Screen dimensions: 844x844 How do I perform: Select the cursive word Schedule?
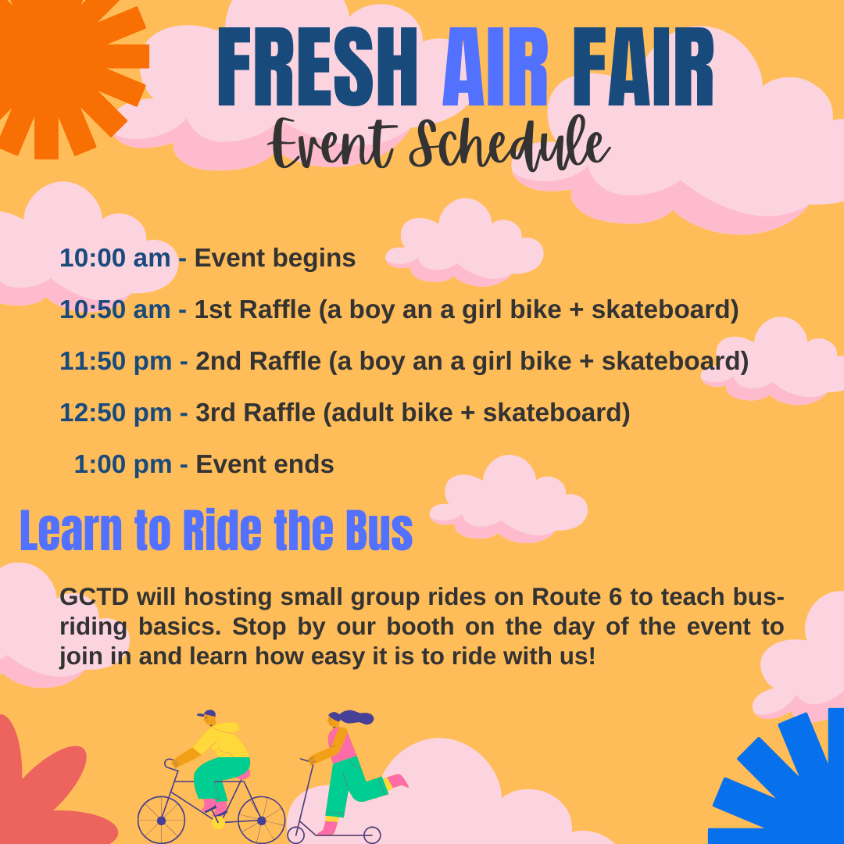[x=508, y=146]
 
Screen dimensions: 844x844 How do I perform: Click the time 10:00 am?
[x=115, y=258]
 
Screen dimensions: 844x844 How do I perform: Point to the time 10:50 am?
[x=115, y=309]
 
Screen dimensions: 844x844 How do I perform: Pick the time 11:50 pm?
[x=116, y=361]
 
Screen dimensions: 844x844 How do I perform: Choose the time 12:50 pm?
[x=116, y=413]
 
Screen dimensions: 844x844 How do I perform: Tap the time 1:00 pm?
[x=123, y=464]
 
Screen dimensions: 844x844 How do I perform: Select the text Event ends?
[x=265, y=464]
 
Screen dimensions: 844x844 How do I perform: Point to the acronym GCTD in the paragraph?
[x=94, y=596]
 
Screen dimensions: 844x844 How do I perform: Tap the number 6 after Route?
[x=616, y=596]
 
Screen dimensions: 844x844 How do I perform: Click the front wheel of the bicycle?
[x=162, y=820]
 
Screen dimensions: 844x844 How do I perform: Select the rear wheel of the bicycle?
[x=261, y=820]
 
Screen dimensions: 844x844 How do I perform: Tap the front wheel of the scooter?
[x=296, y=835]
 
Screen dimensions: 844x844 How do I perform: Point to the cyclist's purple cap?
[x=208, y=714]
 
